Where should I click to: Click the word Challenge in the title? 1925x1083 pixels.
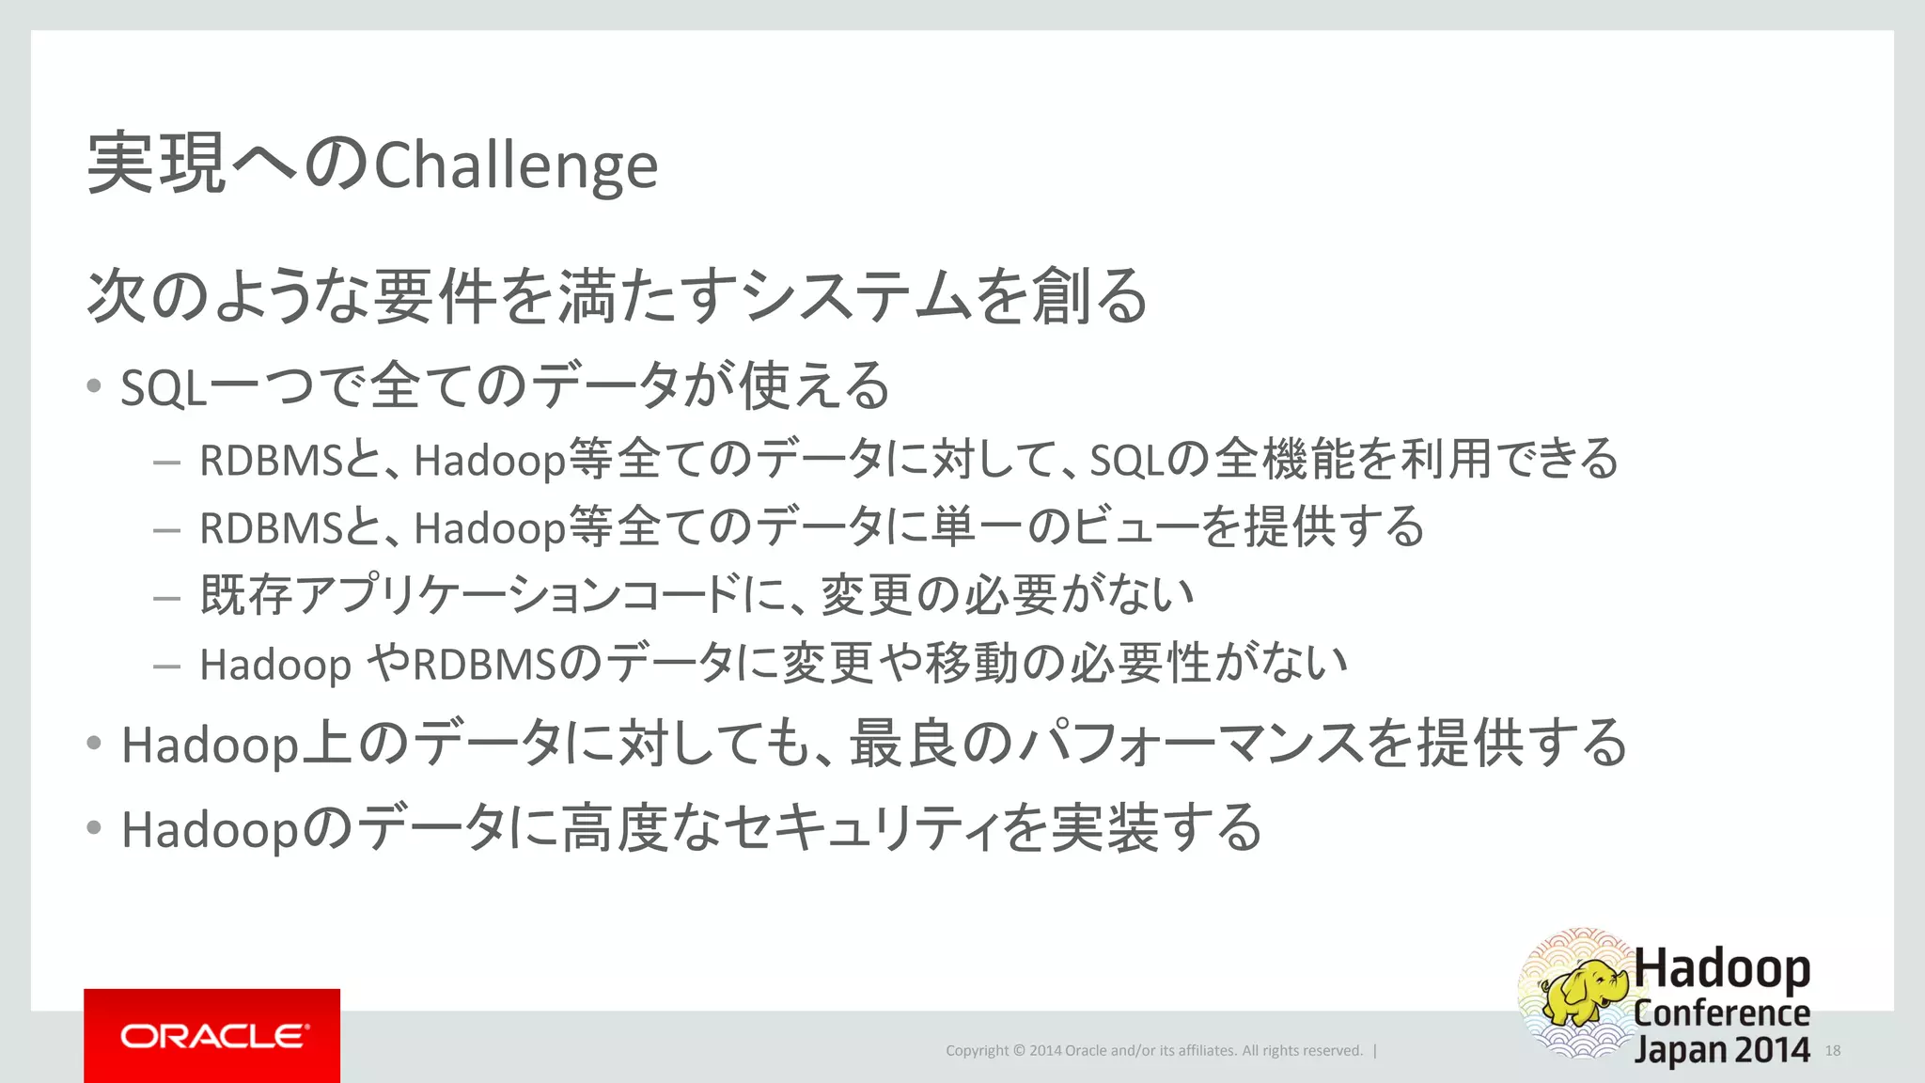click(x=516, y=166)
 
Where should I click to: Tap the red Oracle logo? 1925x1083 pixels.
click(x=212, y=1036)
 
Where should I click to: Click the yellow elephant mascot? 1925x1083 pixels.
click(x=1586, y=993)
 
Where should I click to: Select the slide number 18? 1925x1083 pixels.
click(x=1833, y=1050)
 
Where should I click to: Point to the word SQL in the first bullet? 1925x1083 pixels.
click(x=163, y=387)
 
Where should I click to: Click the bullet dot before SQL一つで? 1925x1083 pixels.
click(x=93, y=385)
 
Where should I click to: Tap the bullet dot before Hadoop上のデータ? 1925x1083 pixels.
click(x=93, y=744)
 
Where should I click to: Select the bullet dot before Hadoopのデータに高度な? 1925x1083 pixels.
click(x=93, y=828)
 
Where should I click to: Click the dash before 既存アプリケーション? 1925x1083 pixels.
click(x=166, y=597)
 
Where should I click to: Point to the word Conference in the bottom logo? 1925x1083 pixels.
click(x=1722, y=1012)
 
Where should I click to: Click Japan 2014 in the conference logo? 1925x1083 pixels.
click(x=1722, y=1049)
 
